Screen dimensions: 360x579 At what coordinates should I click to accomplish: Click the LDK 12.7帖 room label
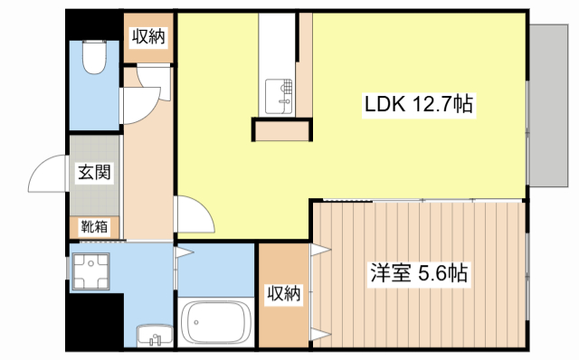(419, 105)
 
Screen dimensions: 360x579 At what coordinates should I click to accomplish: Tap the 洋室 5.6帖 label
(418, 272)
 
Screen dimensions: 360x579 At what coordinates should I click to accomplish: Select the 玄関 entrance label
(93, 172)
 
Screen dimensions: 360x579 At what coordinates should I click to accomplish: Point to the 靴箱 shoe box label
(94, 226)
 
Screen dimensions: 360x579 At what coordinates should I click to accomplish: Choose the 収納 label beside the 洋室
(283, 293)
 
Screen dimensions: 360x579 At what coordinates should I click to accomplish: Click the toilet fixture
(93, 60)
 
